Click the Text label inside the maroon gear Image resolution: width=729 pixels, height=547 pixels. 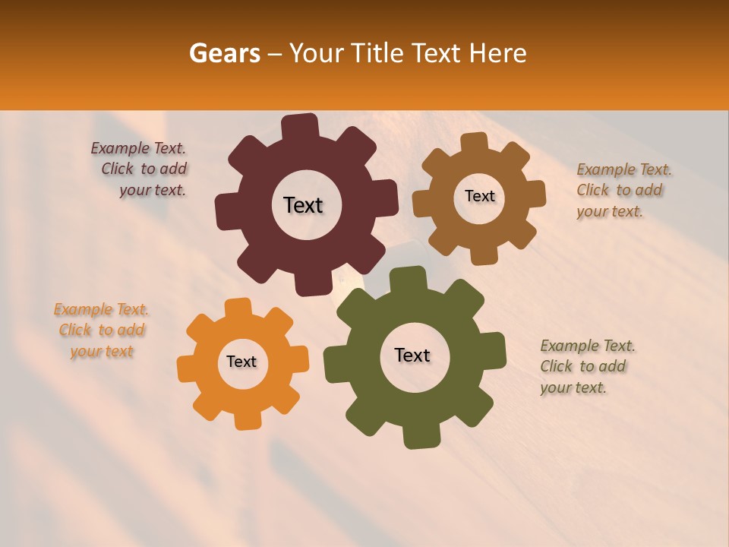303,205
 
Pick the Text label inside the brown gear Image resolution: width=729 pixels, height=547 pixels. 479,196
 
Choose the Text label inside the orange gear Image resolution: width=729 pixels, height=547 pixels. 241,362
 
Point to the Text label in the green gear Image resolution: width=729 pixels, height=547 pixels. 412,356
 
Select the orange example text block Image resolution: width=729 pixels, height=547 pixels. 101,330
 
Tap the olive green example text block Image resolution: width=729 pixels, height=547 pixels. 587,367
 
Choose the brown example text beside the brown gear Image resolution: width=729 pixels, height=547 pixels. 623,191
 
